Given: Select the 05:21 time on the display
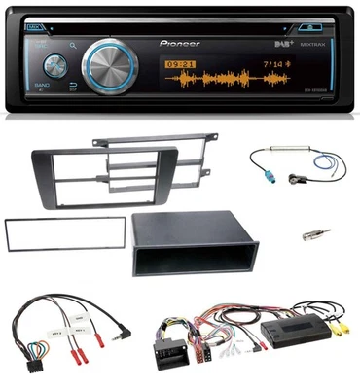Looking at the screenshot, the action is pyautogui.click(x=178, y=65).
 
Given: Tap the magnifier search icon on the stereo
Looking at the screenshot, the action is pyautogui.click(x=74, y=44).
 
